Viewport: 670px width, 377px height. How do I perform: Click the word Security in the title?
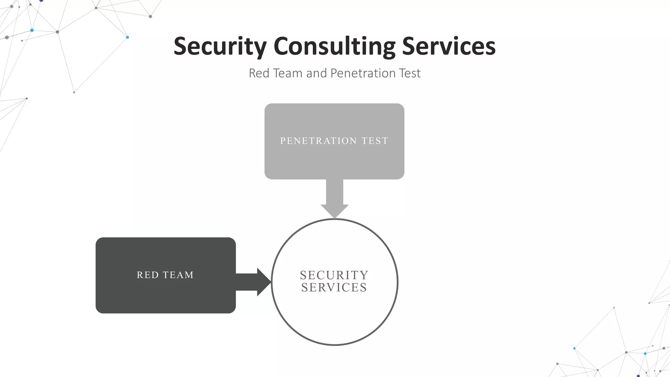(x=220, y=46)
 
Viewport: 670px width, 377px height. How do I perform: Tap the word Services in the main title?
(x=449, y=46)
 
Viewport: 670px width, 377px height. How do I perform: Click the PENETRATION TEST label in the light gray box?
(x=334, y=141)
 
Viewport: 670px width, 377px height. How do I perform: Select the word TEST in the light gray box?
(x=375, y=141)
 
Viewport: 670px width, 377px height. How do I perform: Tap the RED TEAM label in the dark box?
(x=165, y=275)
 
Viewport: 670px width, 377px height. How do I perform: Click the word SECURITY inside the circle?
(x=334, y=275)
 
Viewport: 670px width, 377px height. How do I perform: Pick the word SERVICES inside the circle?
(x=334, y=288)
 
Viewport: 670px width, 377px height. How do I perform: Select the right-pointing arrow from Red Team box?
(x=252, y=282)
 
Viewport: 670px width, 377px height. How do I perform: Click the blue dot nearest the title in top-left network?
(x=128, y=37)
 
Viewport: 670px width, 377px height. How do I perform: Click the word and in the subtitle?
(x=316, y=73)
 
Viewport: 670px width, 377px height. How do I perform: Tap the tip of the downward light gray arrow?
(x=334, y=217)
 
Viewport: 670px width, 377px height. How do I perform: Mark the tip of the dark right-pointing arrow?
(x=270, y=282)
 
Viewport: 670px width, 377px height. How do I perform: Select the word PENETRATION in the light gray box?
(x=318, y=141)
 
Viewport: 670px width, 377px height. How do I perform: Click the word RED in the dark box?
(x=148, y=275)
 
